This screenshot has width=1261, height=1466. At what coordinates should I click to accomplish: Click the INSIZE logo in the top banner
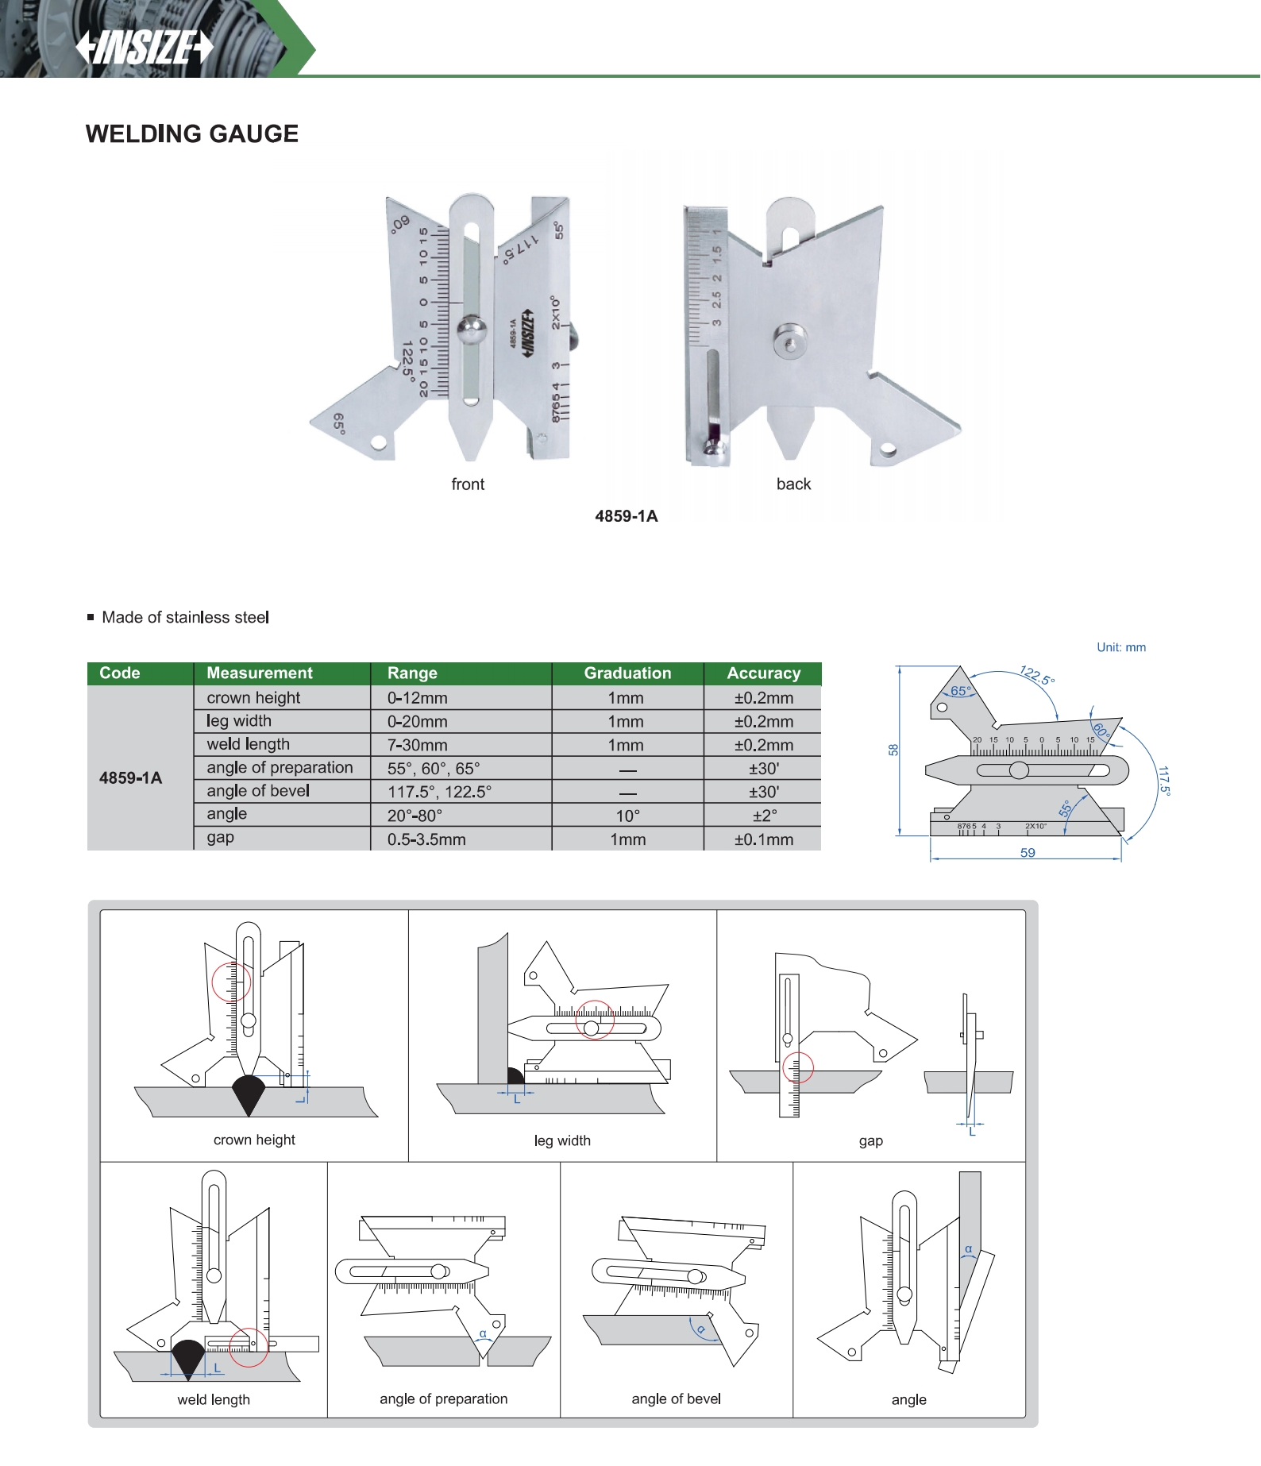145,47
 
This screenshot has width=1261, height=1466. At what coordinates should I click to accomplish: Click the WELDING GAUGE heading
192,133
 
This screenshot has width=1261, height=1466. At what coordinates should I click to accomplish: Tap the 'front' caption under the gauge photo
468,484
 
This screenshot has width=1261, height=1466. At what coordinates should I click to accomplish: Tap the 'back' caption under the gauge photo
793,484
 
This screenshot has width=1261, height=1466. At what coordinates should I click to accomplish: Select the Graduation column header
627,673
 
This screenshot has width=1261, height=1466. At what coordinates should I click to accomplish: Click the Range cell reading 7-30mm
417,745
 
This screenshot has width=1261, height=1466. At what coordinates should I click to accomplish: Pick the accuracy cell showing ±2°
764,816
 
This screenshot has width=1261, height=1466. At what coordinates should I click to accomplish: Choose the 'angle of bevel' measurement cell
258,791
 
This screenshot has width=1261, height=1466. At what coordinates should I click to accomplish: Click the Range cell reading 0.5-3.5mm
426,839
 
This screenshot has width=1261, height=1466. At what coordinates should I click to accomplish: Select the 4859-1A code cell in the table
130,778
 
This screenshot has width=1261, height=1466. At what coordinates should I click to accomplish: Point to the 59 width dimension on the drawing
1028,853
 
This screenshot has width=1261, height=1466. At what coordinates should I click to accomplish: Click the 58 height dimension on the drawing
893,750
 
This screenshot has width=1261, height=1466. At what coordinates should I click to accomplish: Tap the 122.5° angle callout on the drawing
1037,676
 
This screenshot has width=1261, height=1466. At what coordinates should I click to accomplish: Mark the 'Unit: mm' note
1121,647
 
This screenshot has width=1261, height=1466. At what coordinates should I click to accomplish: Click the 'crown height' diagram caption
254,1140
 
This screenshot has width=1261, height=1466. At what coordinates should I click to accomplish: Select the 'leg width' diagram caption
562,1141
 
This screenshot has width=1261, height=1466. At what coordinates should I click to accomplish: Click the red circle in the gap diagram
798,1067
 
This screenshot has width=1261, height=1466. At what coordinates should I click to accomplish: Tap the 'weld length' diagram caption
214,1400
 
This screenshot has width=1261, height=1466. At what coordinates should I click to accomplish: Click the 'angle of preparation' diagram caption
443,1399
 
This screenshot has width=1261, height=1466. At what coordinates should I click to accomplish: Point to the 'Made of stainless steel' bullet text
185,618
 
